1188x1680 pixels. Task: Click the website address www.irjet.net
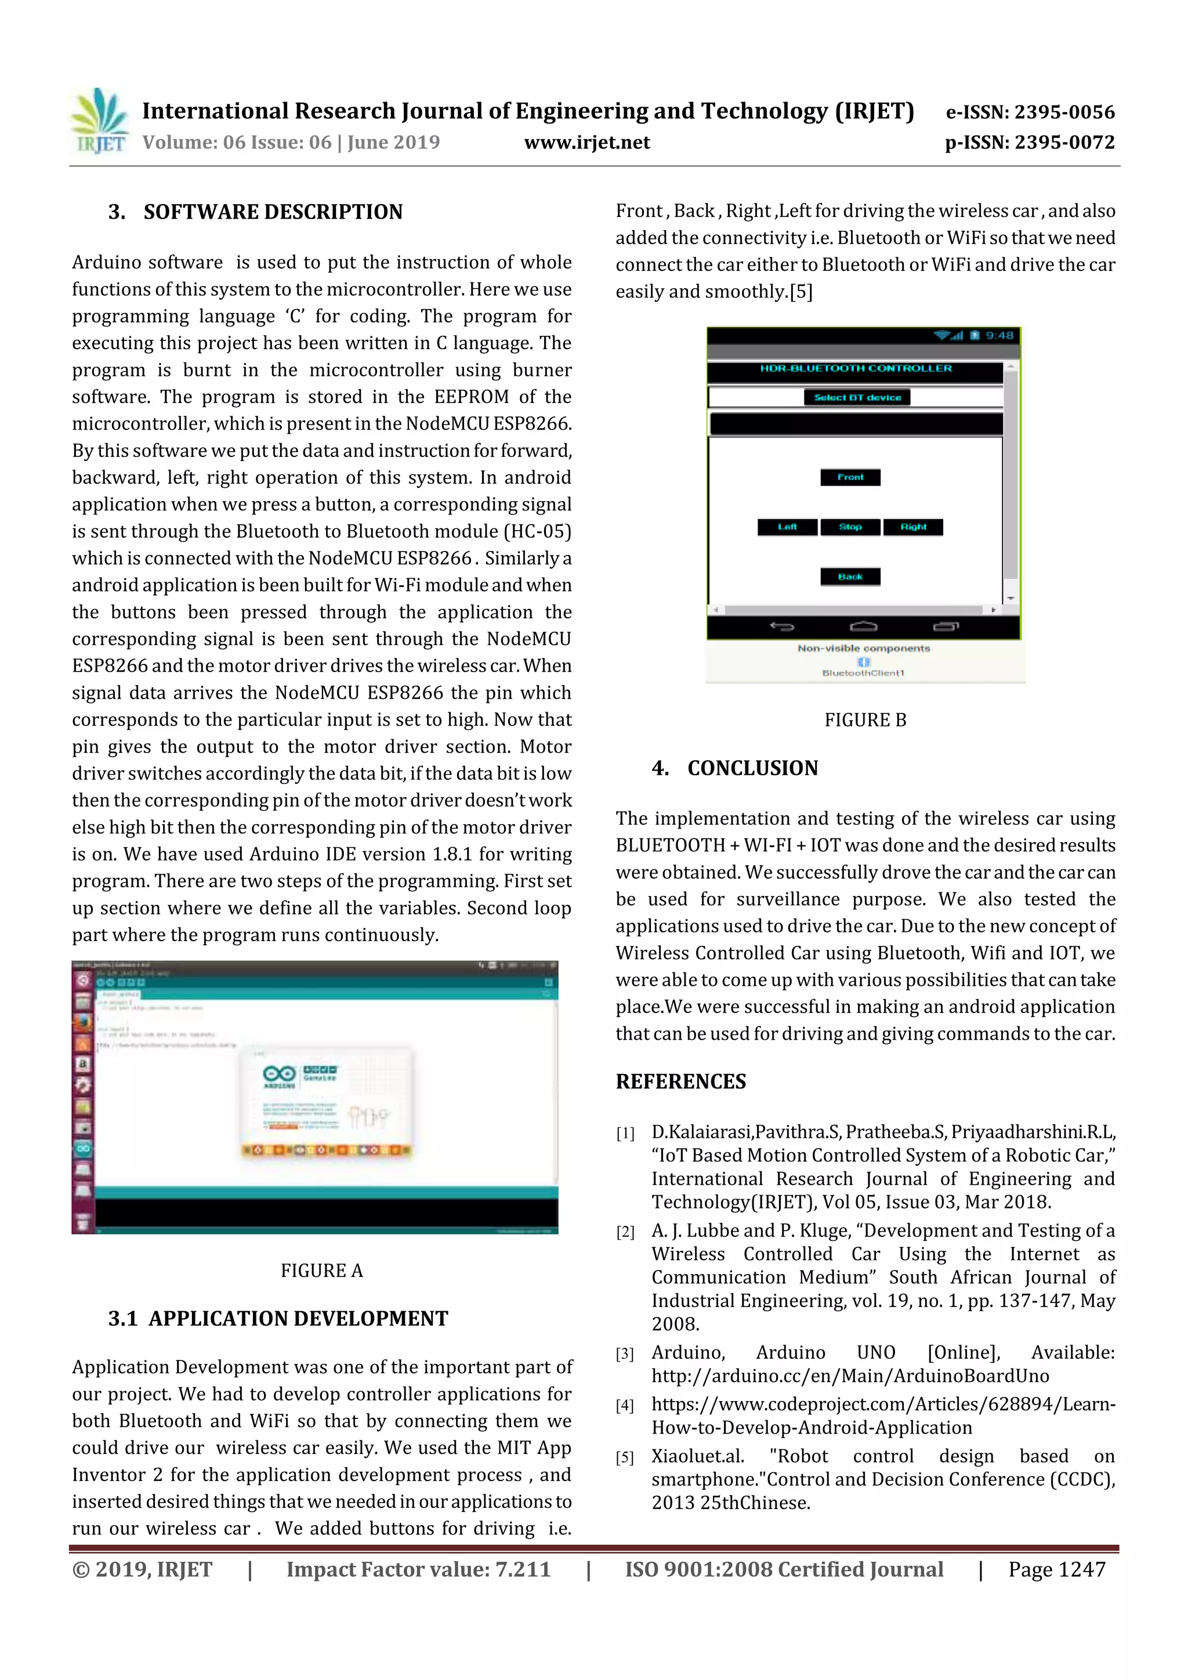tap(586, 143)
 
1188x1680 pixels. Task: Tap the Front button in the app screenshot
tap(850, 477)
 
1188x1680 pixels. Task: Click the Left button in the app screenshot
tap(787, 527)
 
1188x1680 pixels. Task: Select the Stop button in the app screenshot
tap(850, 527)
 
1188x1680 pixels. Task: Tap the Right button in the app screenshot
tap(913, 527)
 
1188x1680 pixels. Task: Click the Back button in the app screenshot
tap(850, 576)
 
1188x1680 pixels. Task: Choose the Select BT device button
tap(857, 397)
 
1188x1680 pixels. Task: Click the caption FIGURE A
tap(321, 1270)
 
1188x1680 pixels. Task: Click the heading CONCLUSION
tap(752, 768)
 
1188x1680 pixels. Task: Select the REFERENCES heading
tap(681, 1082)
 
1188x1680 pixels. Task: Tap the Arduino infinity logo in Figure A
tap(279, 1073)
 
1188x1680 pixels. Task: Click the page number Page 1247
tap(1056, 1569)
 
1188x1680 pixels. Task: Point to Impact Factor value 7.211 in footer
tap(418, 1569)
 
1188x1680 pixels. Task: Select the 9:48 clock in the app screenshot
tap(999, 336)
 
